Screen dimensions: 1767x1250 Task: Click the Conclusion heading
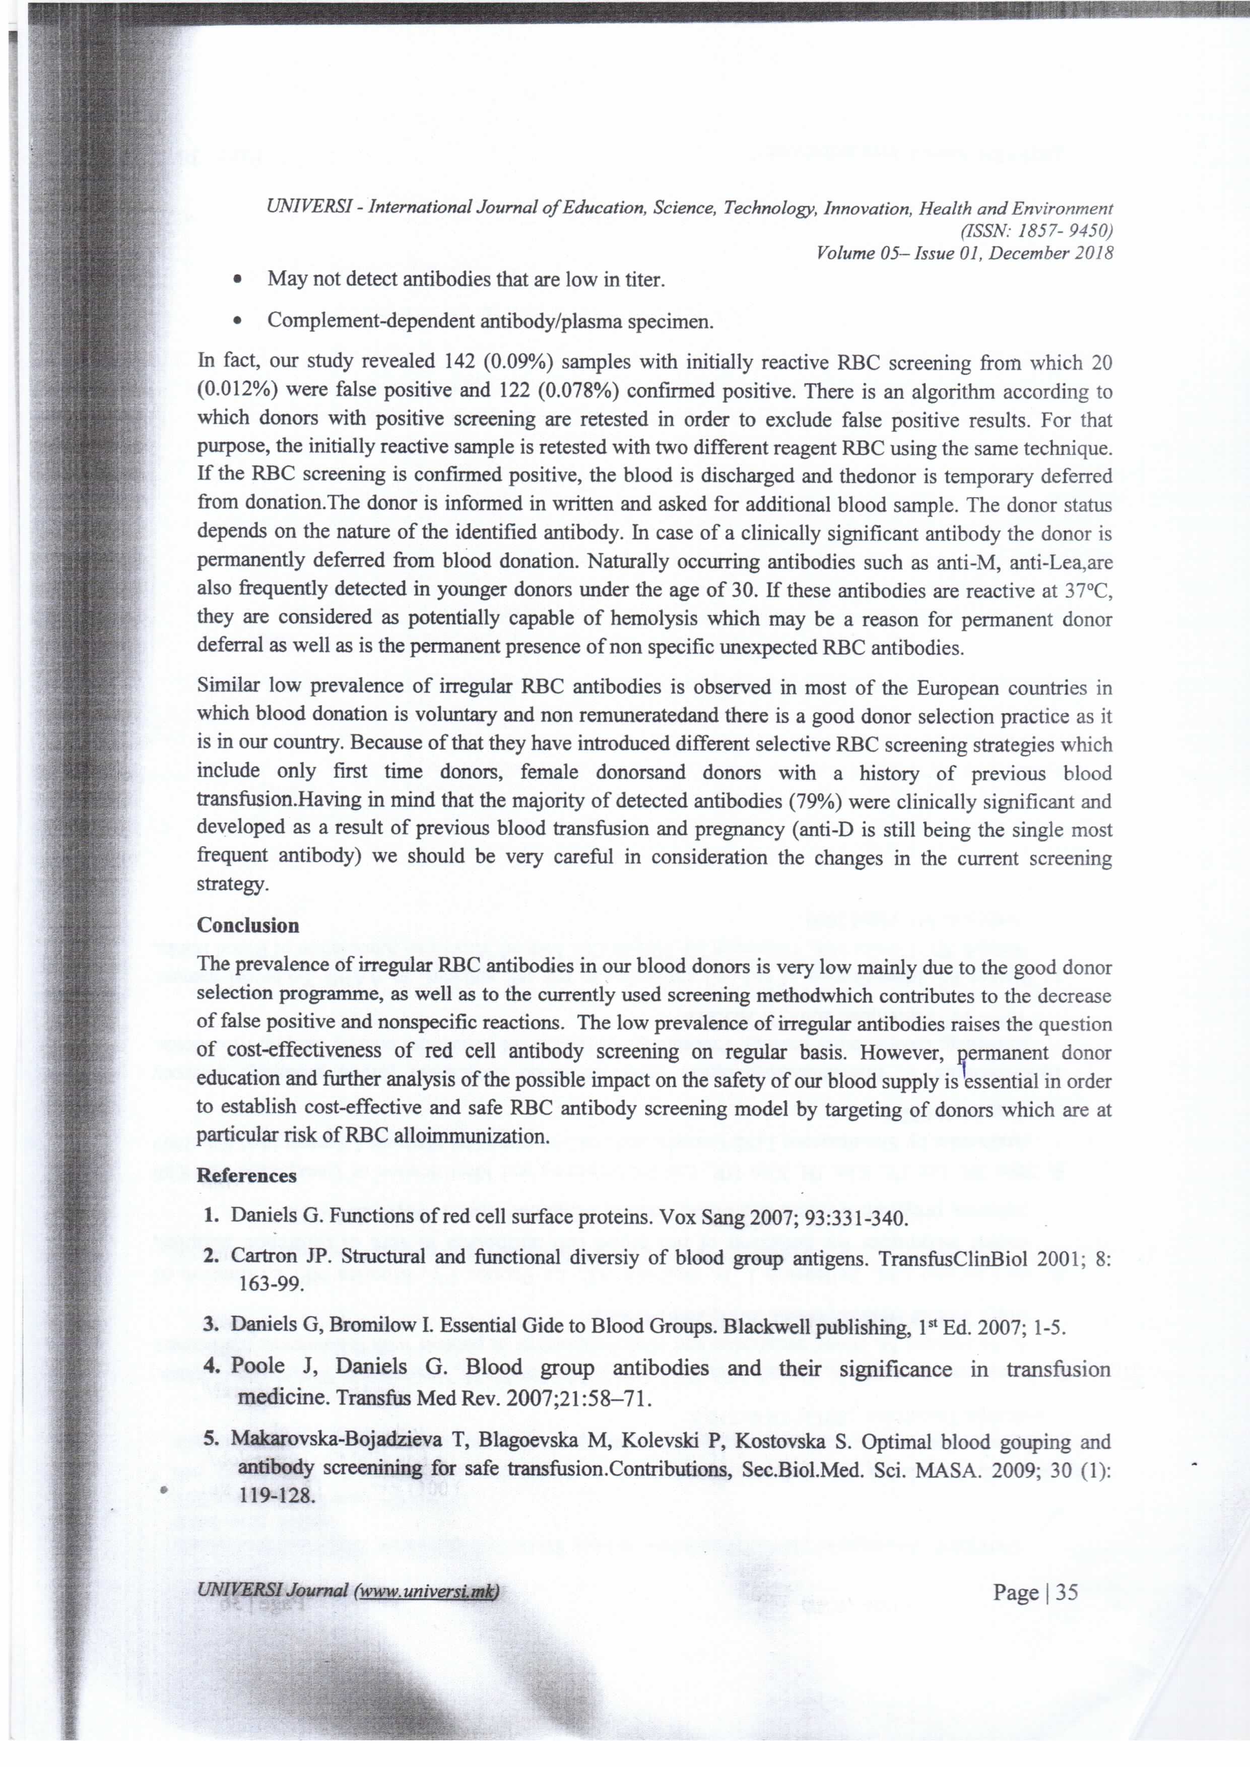pyautogui.click(x=248, y=925)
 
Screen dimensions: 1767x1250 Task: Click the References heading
pyautogui.click(x=246, y=1175)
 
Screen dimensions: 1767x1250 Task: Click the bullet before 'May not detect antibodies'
pyautogui.click(x=240, y=280)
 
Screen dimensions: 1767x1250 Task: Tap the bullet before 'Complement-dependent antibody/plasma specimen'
pyautogui.click(x=240, y=322)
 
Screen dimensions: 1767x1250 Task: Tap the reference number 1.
pyautogui.click(x=212, y=1217)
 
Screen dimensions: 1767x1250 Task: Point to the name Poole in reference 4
pyautogui.click(x=258, y=1367)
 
